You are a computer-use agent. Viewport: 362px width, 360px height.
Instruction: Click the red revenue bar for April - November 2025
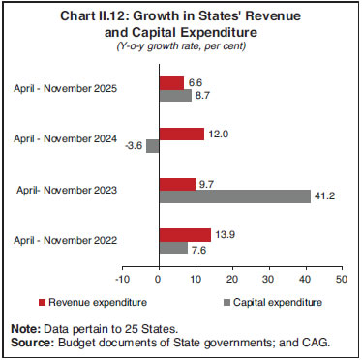point(170,82)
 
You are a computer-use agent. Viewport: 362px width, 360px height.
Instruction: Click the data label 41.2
point(322,196)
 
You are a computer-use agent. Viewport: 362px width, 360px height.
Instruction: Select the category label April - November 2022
point(65,241)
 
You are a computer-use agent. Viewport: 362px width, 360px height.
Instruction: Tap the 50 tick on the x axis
point(340,279)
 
